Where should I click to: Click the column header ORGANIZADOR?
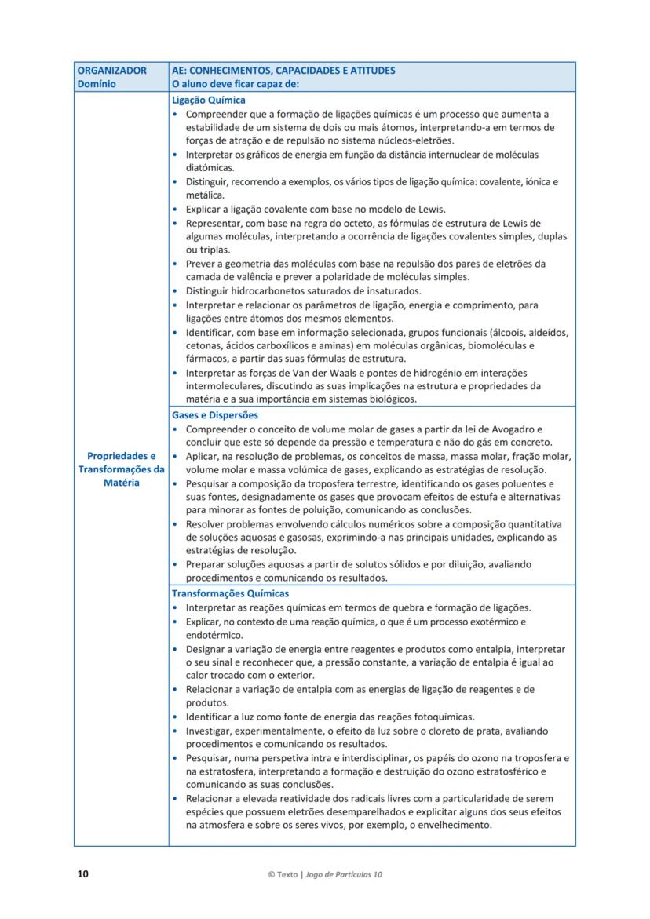click(111, 71)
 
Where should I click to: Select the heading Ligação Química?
click(208, 100)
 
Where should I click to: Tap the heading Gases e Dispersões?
click(214, 415)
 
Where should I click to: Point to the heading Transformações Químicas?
click(230, 594)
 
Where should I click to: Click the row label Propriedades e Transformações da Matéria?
click(121, 469)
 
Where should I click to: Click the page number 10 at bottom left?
click(82, 874)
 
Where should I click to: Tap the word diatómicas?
click(210, 168)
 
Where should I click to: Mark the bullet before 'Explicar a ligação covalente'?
click(175, 210)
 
